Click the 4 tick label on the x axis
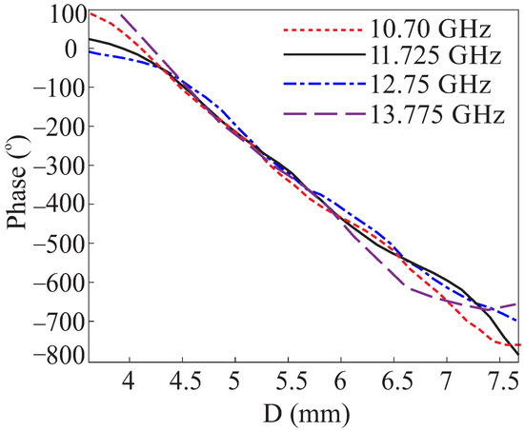(x=129, y=382)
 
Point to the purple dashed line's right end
(x=519, y=304)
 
